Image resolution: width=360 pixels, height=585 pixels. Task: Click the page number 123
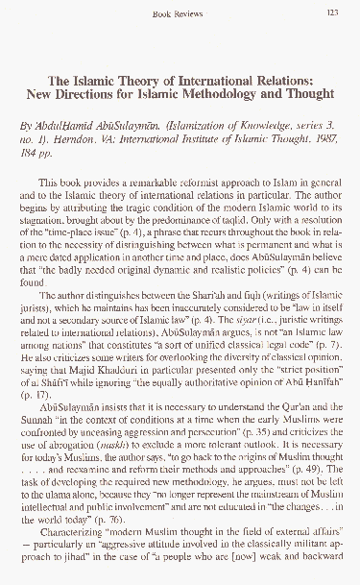tap(332, 13)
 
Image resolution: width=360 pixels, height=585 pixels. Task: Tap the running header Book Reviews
tap(180, 13)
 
